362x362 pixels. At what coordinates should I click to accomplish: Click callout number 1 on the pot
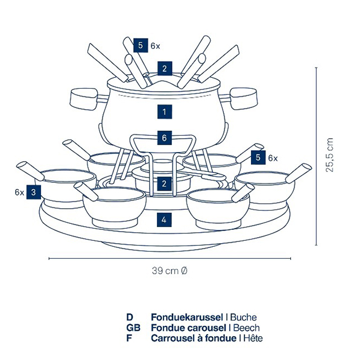(x=164, y=111)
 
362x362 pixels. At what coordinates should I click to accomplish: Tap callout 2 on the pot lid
(x=164, y=68)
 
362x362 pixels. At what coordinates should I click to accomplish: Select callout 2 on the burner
(x=164, y=183)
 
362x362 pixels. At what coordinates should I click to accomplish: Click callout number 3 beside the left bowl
(x=34, y=192)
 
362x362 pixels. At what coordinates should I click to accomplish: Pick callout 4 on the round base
(x=164, y=220)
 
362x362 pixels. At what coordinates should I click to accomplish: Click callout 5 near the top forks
(x=141, y=45)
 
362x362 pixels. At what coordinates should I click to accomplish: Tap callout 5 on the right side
(x=259, y=157)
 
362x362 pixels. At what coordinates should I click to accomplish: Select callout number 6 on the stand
(x=164, y=138)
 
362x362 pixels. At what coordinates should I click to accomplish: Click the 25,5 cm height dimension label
(x=329, y=155)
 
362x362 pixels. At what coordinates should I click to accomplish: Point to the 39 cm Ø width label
(x=170, y=271)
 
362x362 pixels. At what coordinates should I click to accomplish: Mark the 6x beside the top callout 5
(x=156, y=45)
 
